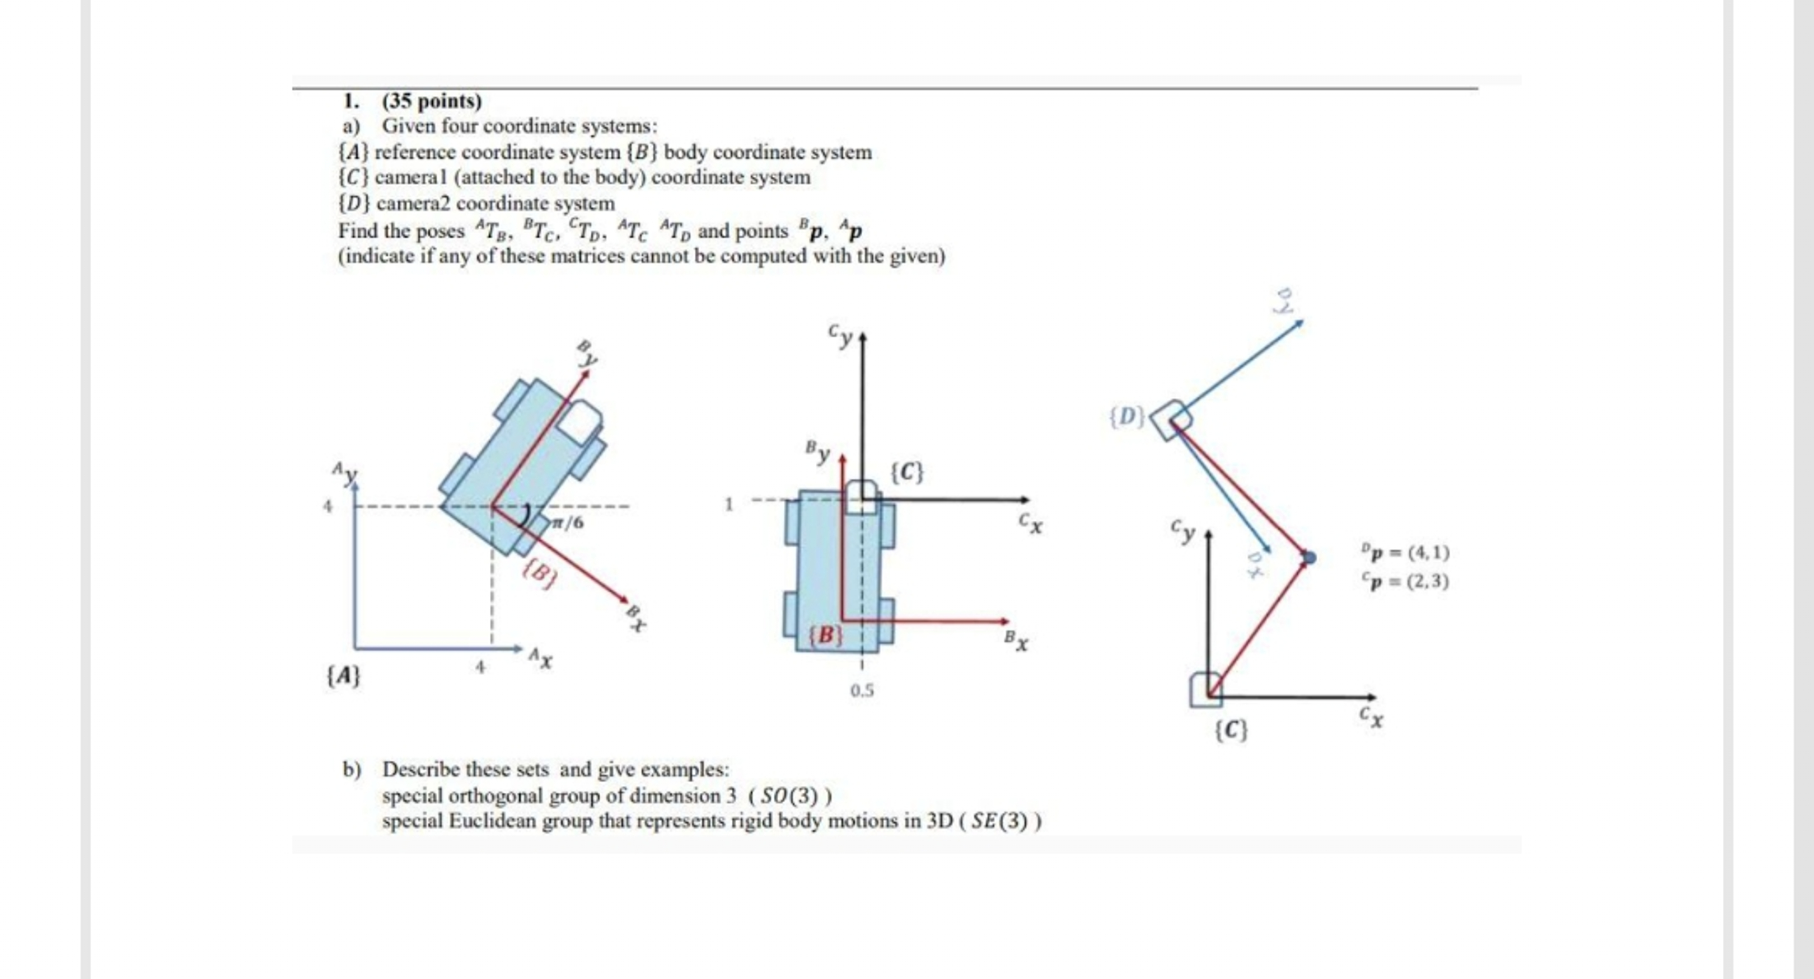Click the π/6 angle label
568,523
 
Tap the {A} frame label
343,676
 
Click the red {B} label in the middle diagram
825,635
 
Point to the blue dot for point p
1309,557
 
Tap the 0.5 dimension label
861,690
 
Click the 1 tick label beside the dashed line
729,504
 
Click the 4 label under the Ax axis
480,666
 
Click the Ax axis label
541,659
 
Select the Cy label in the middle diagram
841,336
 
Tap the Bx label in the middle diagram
1016,641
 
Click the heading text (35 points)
432,101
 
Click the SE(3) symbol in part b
999,821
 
